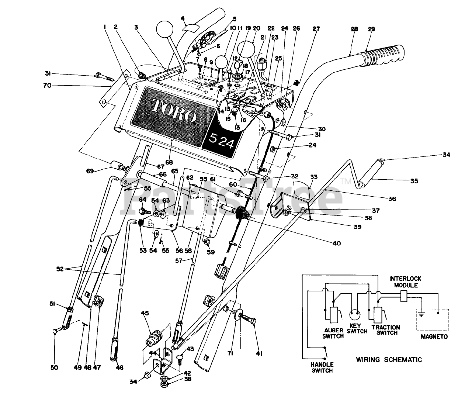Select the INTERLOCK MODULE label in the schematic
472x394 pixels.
pos(406,282)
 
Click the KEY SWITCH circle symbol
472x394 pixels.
pos(356,315)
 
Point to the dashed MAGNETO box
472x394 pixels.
pos(433,319)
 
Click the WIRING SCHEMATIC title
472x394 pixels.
pos(389,360)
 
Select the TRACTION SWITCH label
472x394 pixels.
pos(386,330)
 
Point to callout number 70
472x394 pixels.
pos(48,86)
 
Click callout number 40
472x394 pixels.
pos(337,243)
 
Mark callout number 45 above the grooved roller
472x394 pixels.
pos(145,313)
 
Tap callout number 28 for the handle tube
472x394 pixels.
pos(354,29)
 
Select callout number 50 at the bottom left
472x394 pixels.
pos(54,368)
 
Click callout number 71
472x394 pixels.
pos(230,353)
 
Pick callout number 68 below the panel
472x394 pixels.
pos(169,162)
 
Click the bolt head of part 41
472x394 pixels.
pos(254,321)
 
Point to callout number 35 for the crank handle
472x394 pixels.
pos(414,181)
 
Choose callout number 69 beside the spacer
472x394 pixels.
pos(90,171)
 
